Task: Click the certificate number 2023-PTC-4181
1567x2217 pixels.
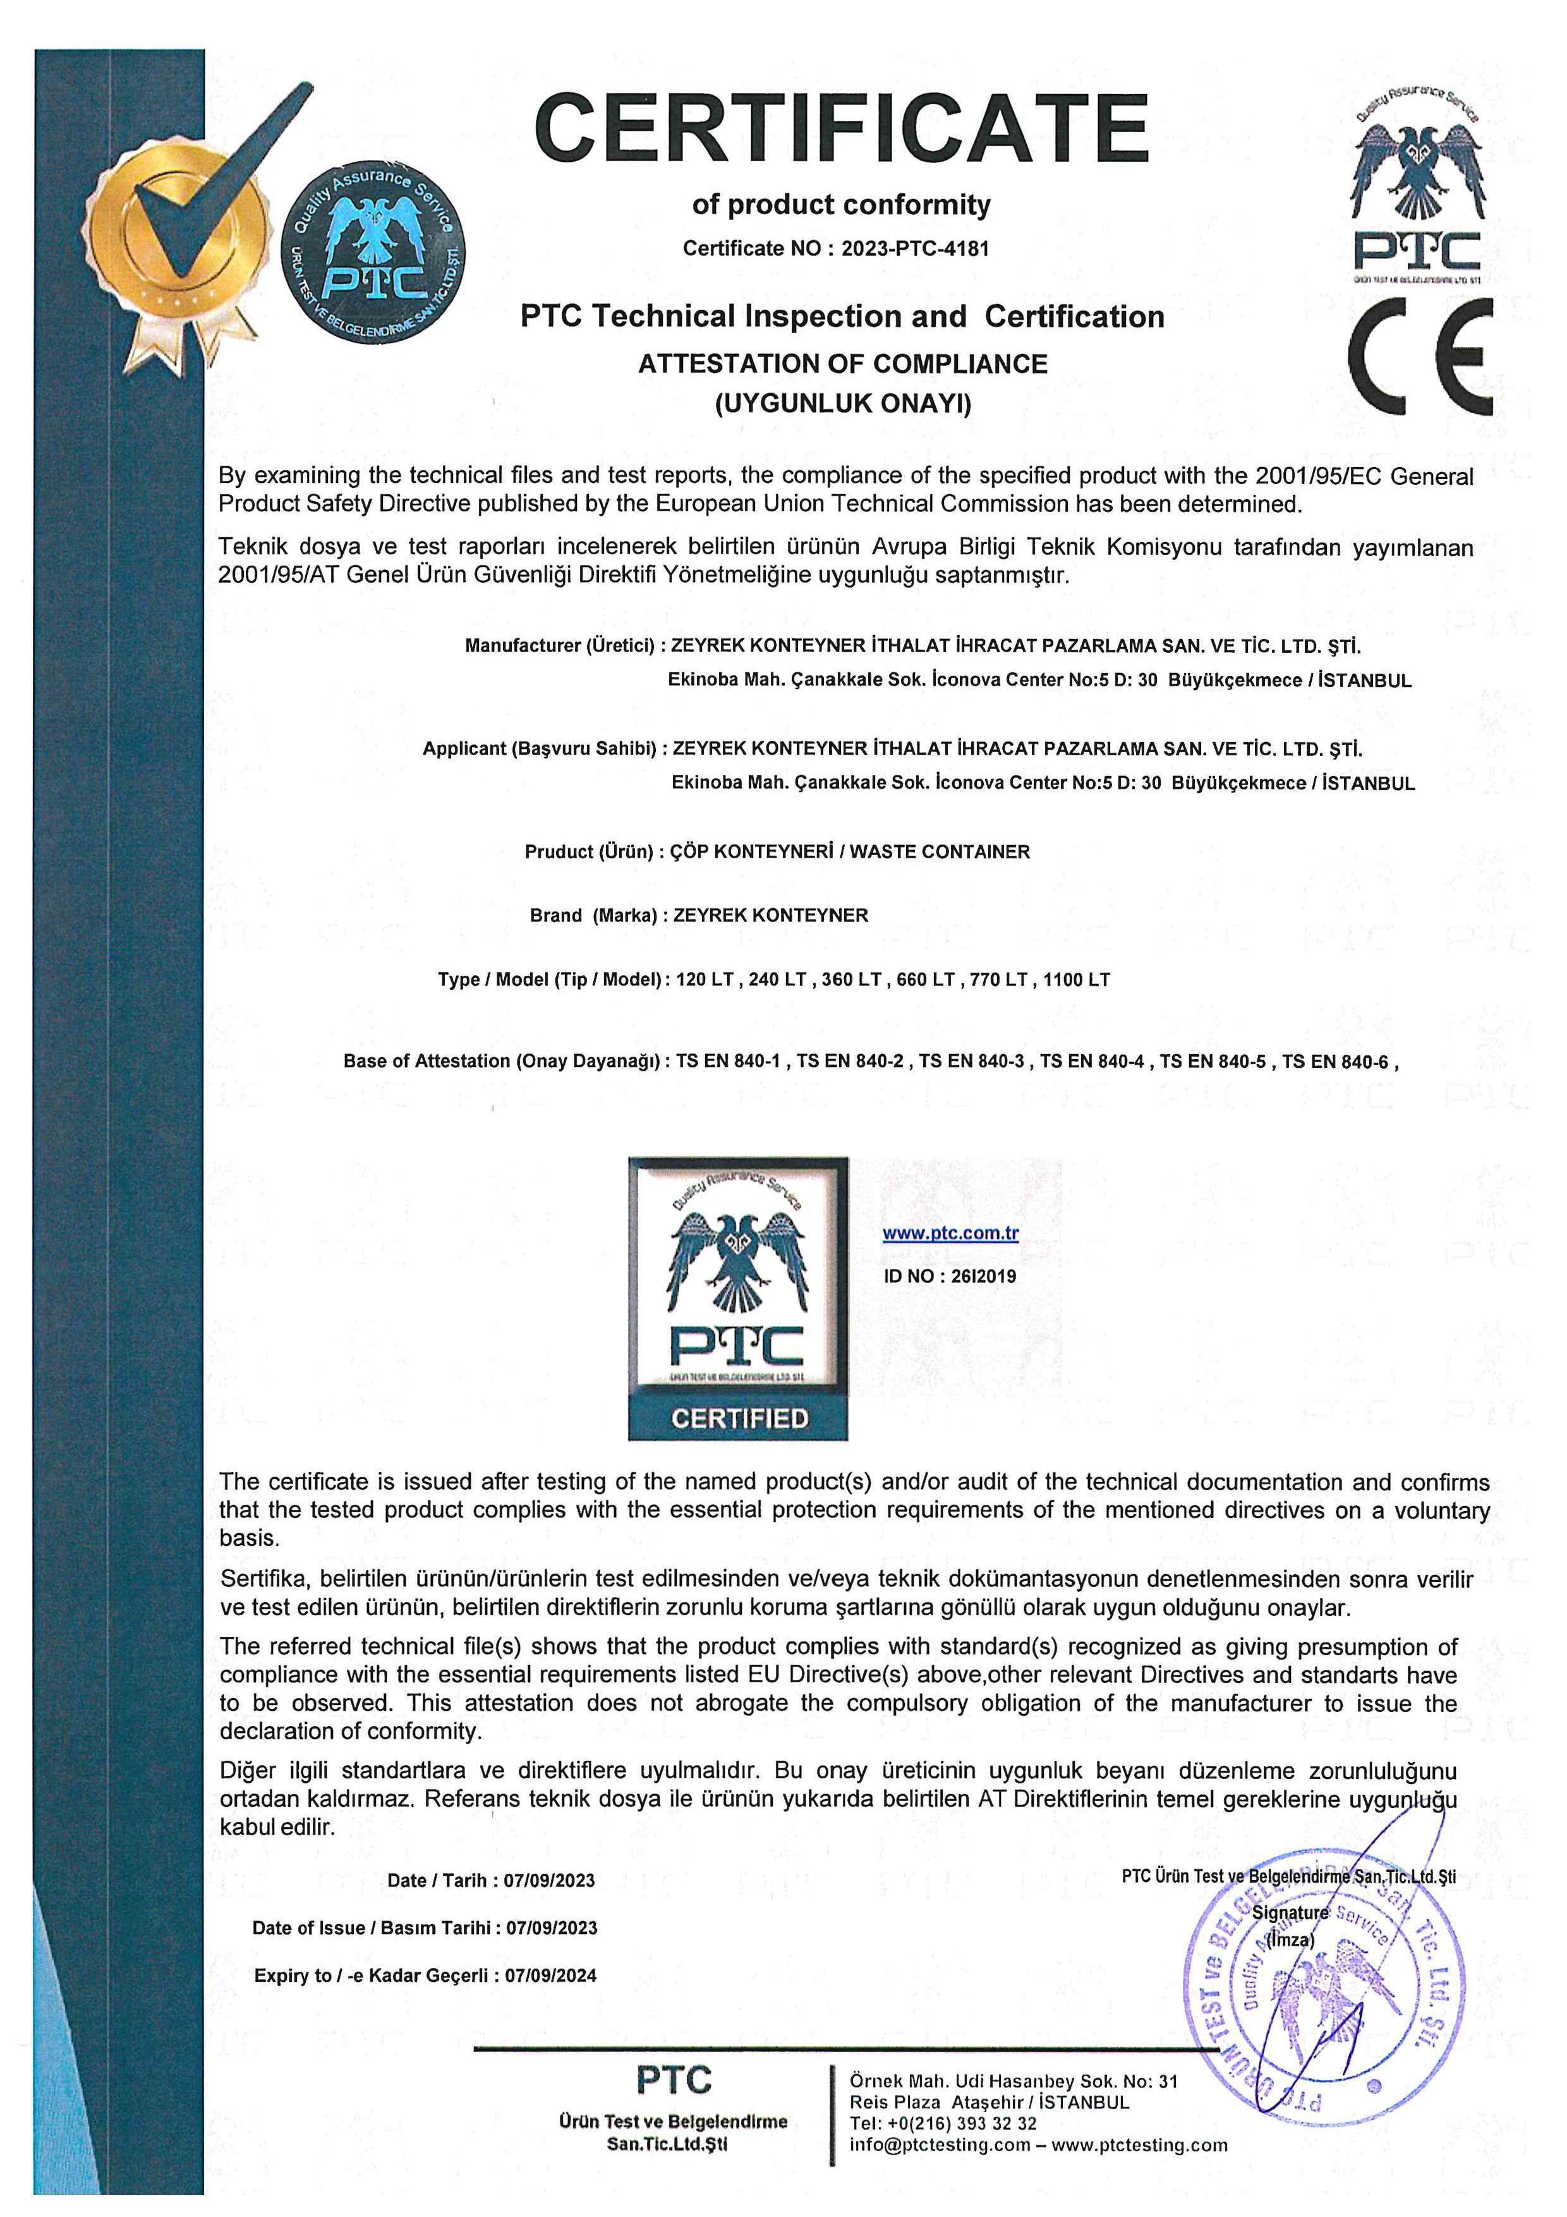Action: [x=914, y=248]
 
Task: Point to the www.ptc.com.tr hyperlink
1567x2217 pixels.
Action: [x=950, y=1233]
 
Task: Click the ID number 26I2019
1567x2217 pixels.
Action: [x=983, y=1275]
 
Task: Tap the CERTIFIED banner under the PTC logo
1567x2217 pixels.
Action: [x=739, y=1418]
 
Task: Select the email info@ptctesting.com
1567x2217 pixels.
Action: [x=940, y=2146]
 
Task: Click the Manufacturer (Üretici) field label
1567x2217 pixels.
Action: [x=559, y=645]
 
